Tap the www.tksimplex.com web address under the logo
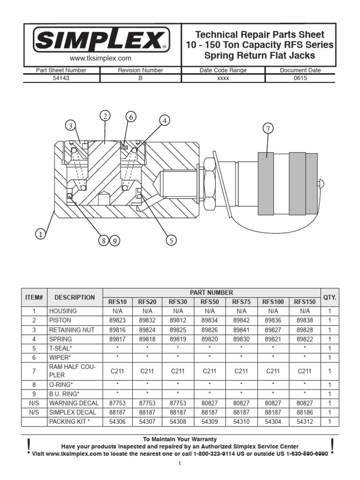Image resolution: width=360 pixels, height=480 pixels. click(101, 59)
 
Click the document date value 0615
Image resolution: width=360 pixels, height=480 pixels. click(300, 78)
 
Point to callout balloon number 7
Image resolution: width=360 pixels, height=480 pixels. click(268, 129)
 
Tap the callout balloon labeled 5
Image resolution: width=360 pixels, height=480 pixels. click(171, 240)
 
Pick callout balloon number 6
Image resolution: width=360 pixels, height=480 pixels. click(131, 117)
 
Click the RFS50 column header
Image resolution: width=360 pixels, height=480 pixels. click(210, 302)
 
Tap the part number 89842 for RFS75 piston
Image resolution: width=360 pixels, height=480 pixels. click(241, 320)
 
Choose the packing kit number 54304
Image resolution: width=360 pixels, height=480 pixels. click(273, 421)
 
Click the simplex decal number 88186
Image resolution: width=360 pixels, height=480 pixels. click(305, 412)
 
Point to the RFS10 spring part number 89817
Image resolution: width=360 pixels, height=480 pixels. click(117, 339)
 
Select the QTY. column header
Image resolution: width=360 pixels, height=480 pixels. click(330, 297)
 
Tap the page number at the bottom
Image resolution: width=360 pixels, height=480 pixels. click(179, 464)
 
